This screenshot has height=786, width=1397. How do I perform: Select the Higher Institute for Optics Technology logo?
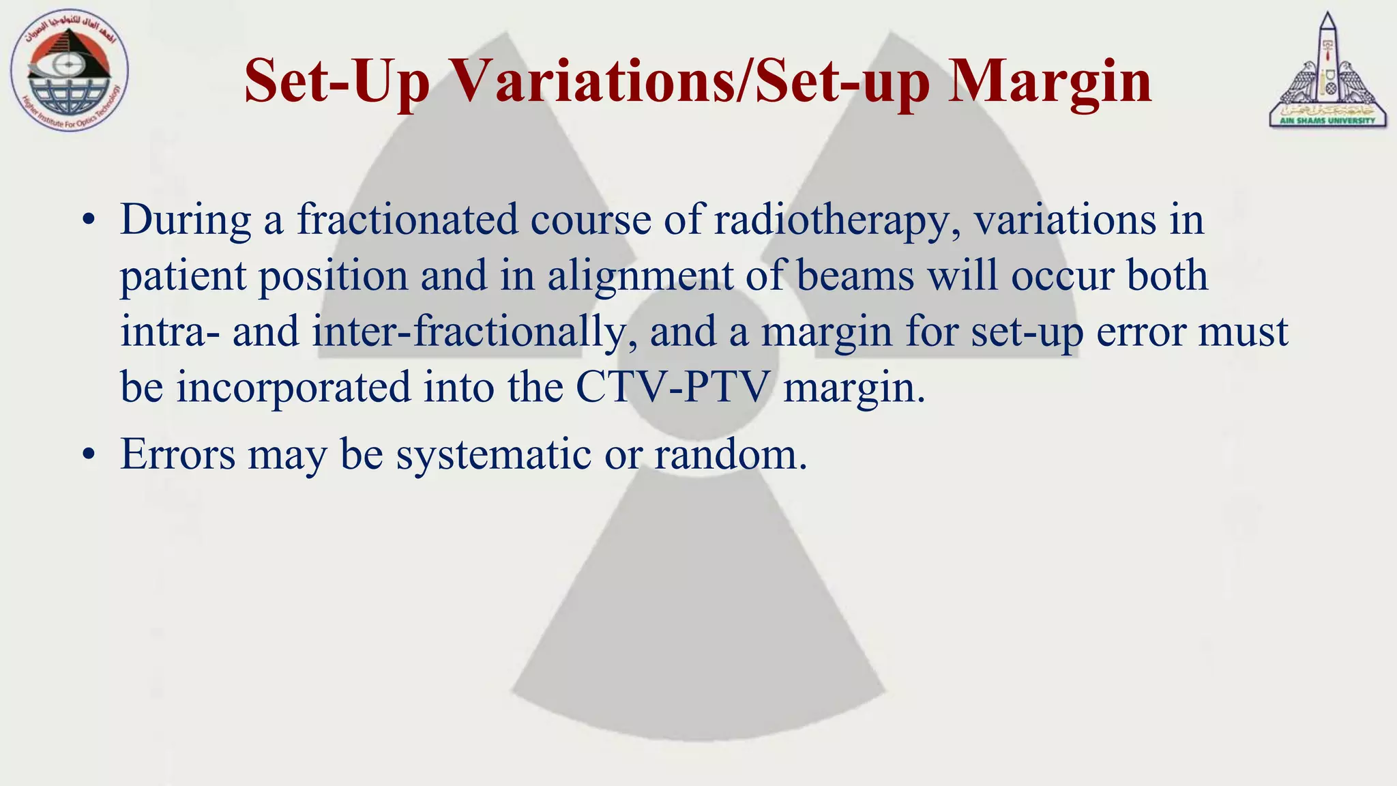70,72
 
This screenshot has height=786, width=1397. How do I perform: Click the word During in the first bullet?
186,221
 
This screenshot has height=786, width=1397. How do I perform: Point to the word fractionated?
407,220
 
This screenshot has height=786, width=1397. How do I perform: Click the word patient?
183,277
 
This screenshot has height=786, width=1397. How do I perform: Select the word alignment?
639,277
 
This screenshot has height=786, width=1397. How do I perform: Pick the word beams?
855,276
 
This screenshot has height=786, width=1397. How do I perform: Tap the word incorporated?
294,388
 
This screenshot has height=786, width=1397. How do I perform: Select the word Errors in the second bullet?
177,454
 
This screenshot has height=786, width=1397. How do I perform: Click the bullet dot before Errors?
87,455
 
